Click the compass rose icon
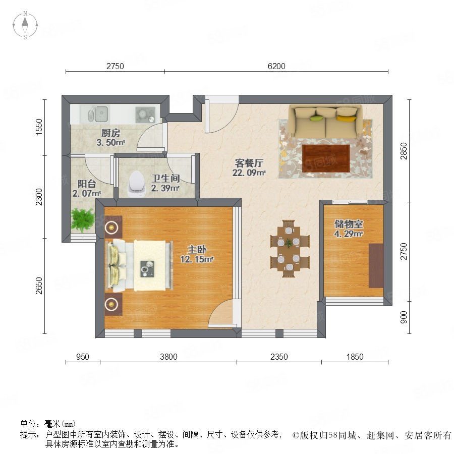(x=25, y=25)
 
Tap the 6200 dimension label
(x=276, y=66)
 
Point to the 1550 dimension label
(x=39, y=127)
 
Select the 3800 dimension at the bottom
(x=168, y=357)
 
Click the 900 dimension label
(x=404, y=317)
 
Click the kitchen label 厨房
(x=110, y=133)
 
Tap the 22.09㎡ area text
(x=249, y=173)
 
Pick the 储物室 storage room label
(x=349, y=224)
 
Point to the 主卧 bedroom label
(x=197, y=249)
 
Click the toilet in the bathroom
(x=137, y=184)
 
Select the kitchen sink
(x=98, y=113)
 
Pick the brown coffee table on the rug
(x=326, y=158)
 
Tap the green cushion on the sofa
(x=316, y=118)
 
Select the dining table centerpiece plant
(x=289, y=243)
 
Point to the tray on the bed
(x=147, y=269)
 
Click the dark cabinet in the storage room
(x=376, y=265)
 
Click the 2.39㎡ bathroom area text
(x=165, y=188)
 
